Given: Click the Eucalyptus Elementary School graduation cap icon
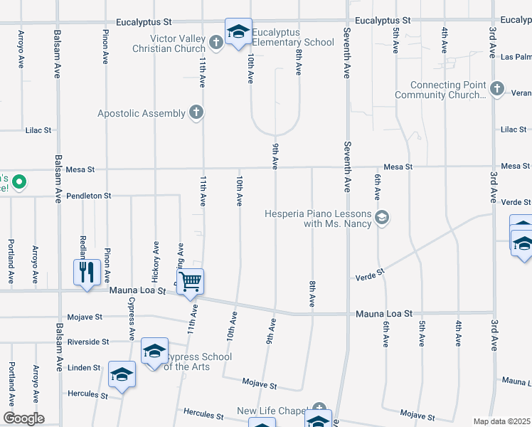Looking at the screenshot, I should pos(239,31).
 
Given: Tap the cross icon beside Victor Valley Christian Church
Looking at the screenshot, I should pos(217,43).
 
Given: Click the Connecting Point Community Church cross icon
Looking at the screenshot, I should pos(497,89).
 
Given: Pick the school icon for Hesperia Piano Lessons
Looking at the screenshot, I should pos(382,218).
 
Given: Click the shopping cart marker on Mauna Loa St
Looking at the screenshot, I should pos(191,281).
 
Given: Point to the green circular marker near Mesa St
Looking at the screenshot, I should pos(19,183).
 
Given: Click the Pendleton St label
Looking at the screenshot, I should pos(89,195).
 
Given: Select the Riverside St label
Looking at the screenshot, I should pos(88,342).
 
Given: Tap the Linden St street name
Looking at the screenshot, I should pos(84,367).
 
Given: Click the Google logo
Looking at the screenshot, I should pos(23,418).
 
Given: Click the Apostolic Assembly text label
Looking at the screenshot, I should pos(142,112).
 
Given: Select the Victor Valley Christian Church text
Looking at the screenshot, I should pos(169,43).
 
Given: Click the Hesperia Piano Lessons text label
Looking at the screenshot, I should pos(317,218).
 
